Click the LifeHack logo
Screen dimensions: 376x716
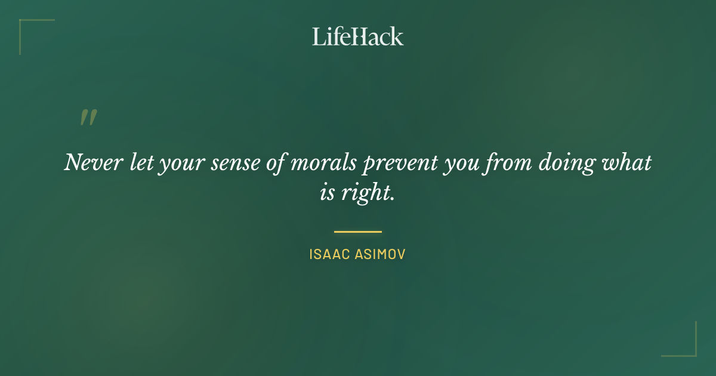point(358,36)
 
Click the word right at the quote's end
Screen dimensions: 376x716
point(371,195)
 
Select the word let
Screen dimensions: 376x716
point(141,162)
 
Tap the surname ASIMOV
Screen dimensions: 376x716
point(381,254)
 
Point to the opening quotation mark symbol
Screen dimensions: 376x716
point(88,118)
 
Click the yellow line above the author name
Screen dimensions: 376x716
point(358,232)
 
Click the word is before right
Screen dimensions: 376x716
point(328,193)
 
